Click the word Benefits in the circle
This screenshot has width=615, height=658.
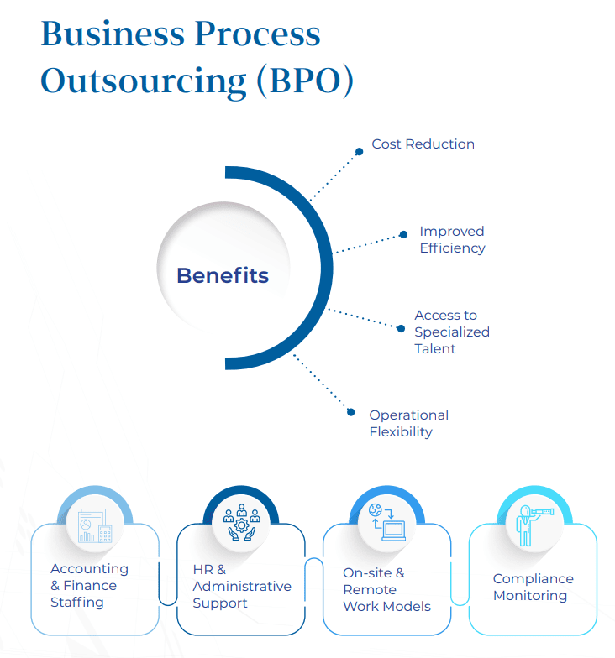click(x=223, y=275)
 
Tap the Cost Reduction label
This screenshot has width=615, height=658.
click(x=423, y=144)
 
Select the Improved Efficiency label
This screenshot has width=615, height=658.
click(x=452, y=239)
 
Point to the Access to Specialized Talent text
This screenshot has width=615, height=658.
click(x=451, y=332)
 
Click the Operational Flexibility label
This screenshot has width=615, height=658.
click(x=408, y=423)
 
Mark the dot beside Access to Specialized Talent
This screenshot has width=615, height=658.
click(x=401, y=328)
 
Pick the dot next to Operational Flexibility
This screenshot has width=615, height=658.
click(x=351, y=411)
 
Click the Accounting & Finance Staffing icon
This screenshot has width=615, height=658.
click(x=94, y=526)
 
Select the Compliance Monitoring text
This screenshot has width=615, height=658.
click(x=533, y=587)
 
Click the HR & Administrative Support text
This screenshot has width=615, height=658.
click(x=241, y=586)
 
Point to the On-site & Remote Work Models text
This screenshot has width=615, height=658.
click(x=386, y=589)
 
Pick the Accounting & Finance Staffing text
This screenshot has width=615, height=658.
click(x=89, y=585)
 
